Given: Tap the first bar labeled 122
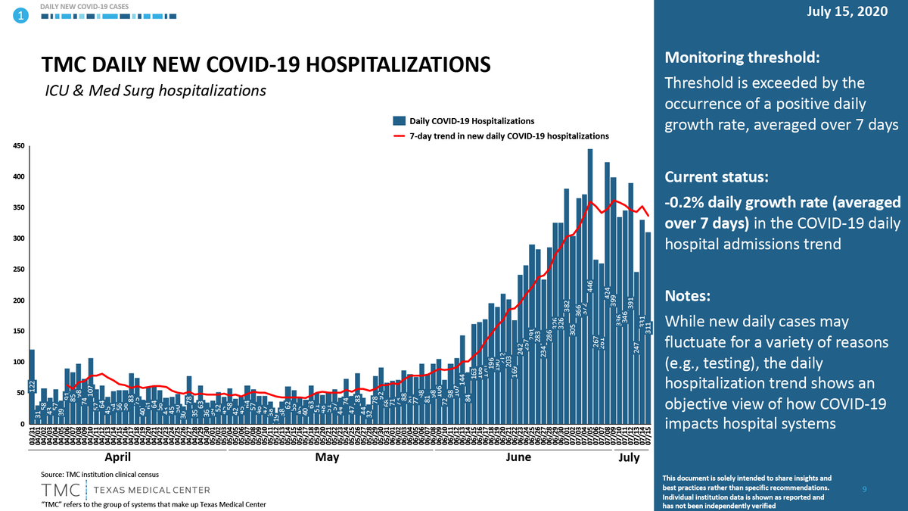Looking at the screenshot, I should pyautogui.click(x=33, y=386).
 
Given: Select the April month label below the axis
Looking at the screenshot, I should pyautogui.click(x=117, y=457).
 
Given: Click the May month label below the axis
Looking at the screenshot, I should pyautogui.click(x=327, y=457).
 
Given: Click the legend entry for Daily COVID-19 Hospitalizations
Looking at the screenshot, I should pyautogui.click(x=471, y=120).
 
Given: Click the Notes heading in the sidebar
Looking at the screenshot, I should pyautogui.click(x=686, y=295).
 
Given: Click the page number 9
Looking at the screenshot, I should pyautogui.click(x=865, y=491).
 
